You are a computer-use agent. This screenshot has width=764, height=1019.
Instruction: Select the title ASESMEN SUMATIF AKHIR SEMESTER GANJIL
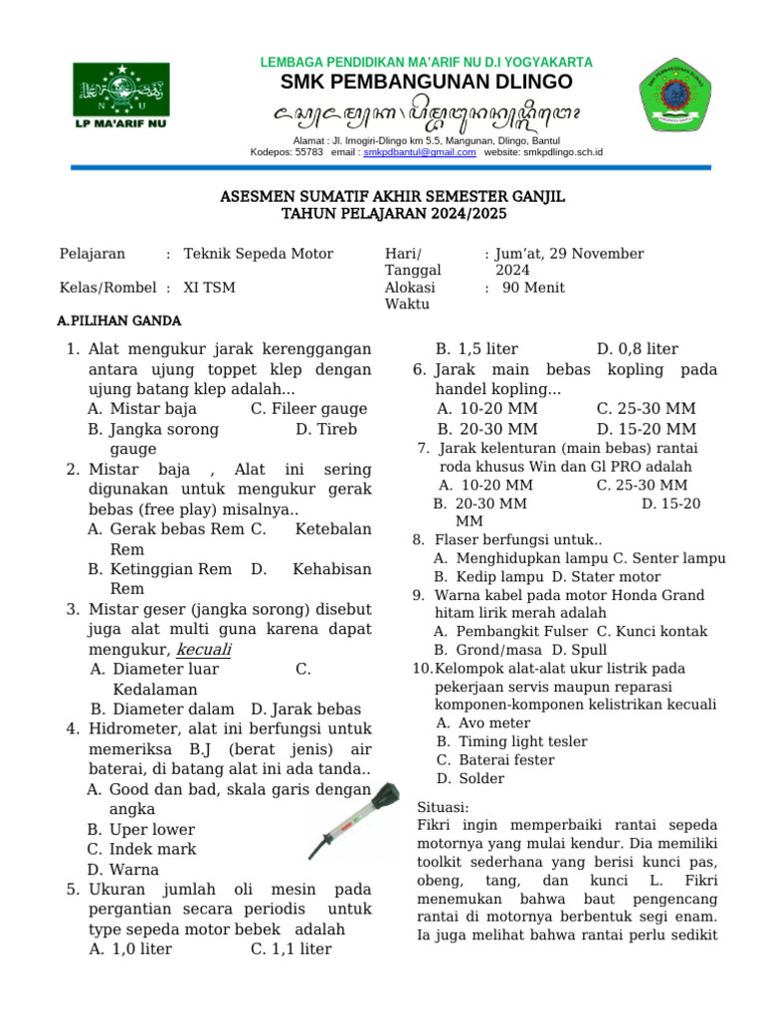(x=392, y=197)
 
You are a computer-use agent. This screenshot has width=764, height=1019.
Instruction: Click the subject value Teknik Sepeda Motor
(x=259, y=254)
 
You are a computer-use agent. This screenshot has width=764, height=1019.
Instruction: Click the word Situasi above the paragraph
(x=443, y=806)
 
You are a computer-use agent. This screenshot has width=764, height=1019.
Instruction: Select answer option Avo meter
(x=494, y=722)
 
